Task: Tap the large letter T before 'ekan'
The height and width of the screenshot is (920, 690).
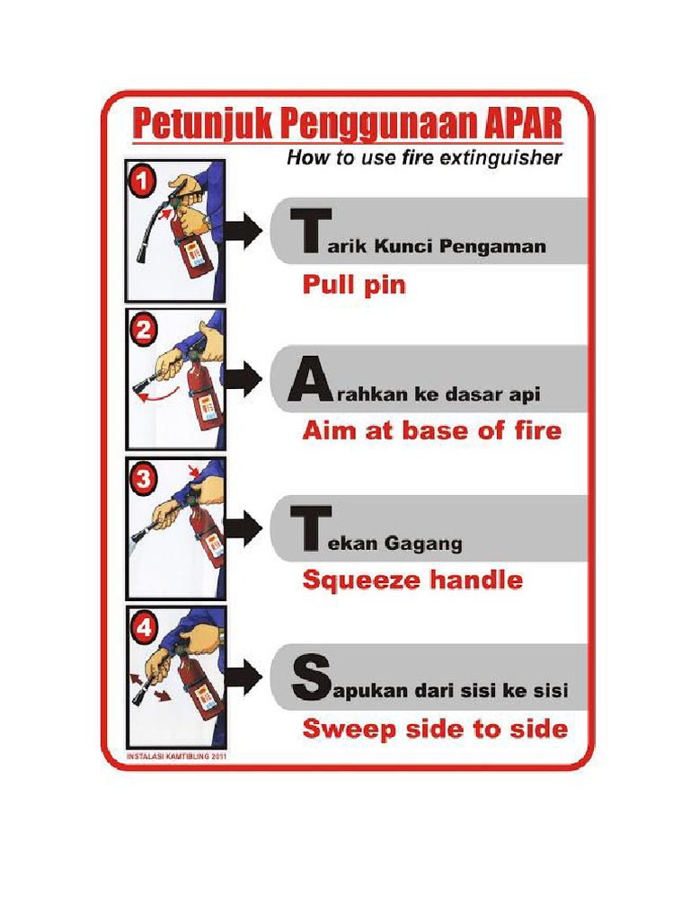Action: point(306,529)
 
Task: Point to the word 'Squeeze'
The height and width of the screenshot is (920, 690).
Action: point(350,580)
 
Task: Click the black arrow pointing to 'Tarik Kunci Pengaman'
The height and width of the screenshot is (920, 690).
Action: point(243,231)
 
